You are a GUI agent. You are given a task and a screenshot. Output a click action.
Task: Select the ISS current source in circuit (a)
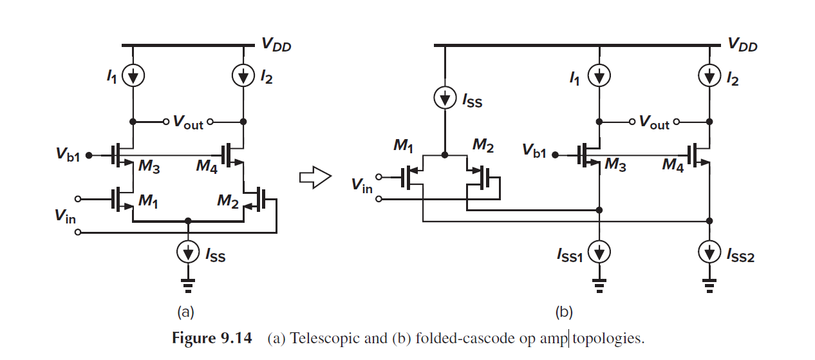[188, 253]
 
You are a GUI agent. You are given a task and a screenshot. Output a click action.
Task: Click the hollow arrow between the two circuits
[315, 177]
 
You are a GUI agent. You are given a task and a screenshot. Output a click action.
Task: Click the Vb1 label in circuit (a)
[68, 155]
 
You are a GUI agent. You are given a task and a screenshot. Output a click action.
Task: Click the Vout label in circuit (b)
[654, 122]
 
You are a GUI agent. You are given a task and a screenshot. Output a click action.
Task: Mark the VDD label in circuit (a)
[276, 44]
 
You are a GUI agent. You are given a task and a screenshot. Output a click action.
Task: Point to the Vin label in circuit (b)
[362, 186]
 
